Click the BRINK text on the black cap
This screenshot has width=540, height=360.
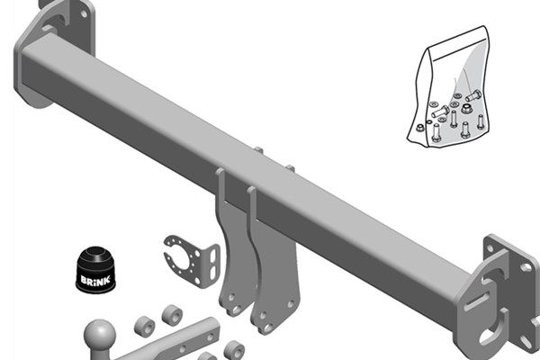coord(95,279)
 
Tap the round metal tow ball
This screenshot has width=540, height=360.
coord(100,335)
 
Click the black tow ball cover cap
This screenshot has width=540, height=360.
coord(96,270)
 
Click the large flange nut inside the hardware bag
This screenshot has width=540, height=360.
coord(466,110)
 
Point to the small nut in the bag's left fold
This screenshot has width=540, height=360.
coord(419,128)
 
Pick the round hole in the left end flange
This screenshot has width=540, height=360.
coord(84,14)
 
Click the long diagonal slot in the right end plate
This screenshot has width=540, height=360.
coord(478,301)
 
